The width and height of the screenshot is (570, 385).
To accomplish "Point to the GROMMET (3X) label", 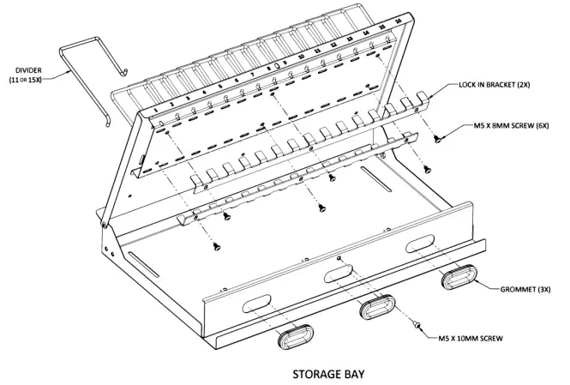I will (524, 291).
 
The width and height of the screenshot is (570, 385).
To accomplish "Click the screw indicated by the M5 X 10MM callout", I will (416, 326).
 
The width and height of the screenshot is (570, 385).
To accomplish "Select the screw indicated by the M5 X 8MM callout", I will (438, 136).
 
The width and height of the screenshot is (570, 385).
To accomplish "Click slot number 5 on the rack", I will (220, 86).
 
